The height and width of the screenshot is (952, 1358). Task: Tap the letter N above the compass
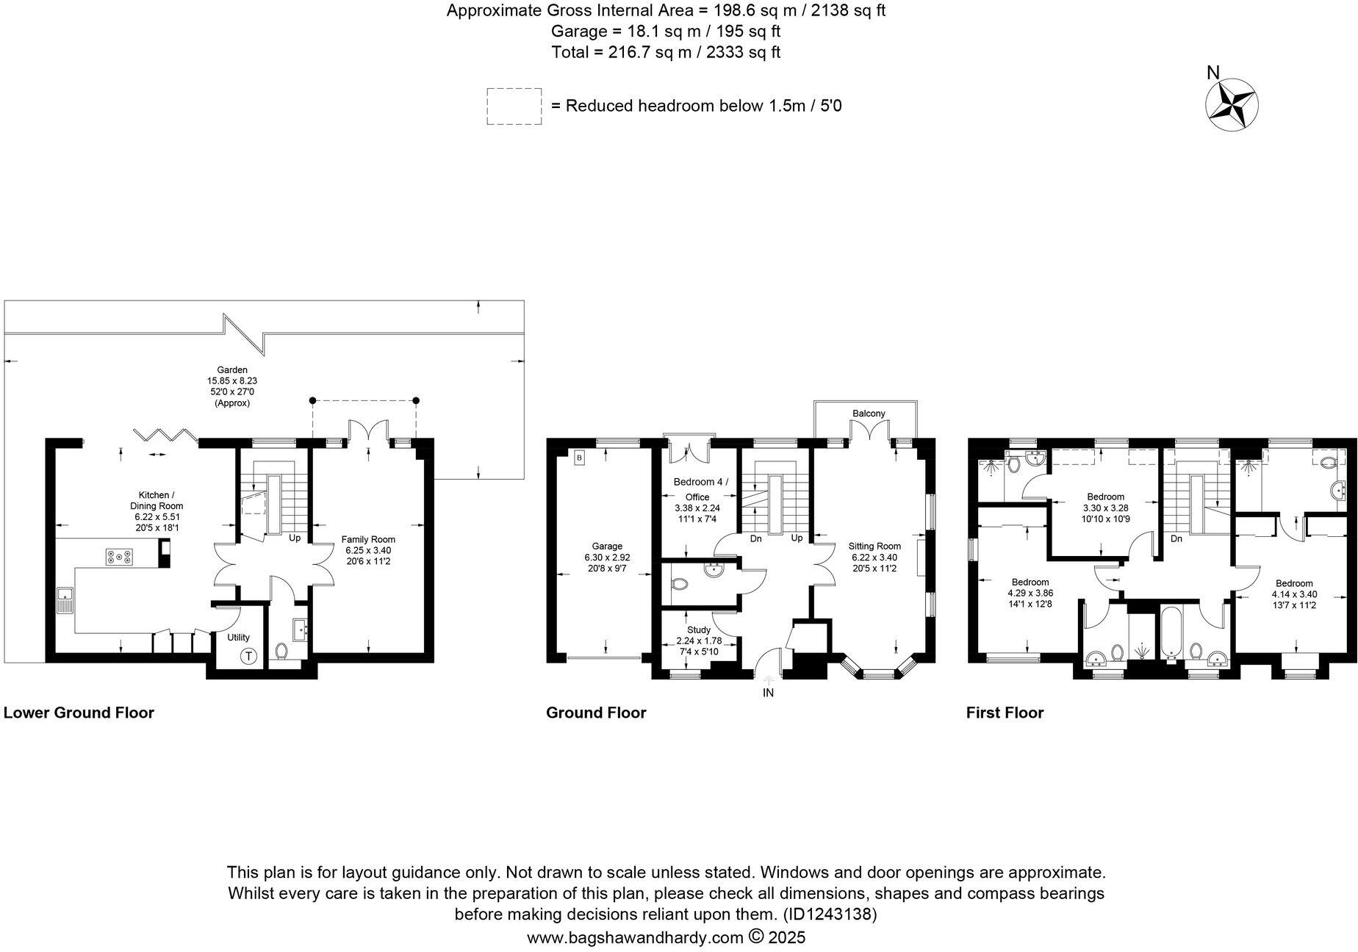point(1213,73)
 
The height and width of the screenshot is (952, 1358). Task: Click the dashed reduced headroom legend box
point(514,107)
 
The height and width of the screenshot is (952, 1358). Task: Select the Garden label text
point(231,369)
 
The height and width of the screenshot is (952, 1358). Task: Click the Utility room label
point(238,638)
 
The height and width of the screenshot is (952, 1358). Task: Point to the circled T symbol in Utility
point(249,656)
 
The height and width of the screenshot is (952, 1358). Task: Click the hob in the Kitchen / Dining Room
point(120,558)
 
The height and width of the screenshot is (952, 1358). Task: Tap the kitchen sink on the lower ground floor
point(64,600)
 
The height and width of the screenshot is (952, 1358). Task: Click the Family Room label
point(368,539)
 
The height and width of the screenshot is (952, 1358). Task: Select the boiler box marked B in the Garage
point(579,458)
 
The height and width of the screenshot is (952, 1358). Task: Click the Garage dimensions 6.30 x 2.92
point(607,558)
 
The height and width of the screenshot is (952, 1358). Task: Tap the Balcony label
point(869,414)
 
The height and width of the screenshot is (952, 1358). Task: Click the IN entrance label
point(768,693)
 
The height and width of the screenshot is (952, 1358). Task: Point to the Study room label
point(698,630)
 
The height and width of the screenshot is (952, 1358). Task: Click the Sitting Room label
point(874,546)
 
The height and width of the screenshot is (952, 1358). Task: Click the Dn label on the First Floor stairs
point(1176,538)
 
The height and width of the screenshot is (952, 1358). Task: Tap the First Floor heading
point(1005,713)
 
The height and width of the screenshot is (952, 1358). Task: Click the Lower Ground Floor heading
point(79,713)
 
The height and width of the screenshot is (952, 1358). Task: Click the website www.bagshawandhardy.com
point(635,937)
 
